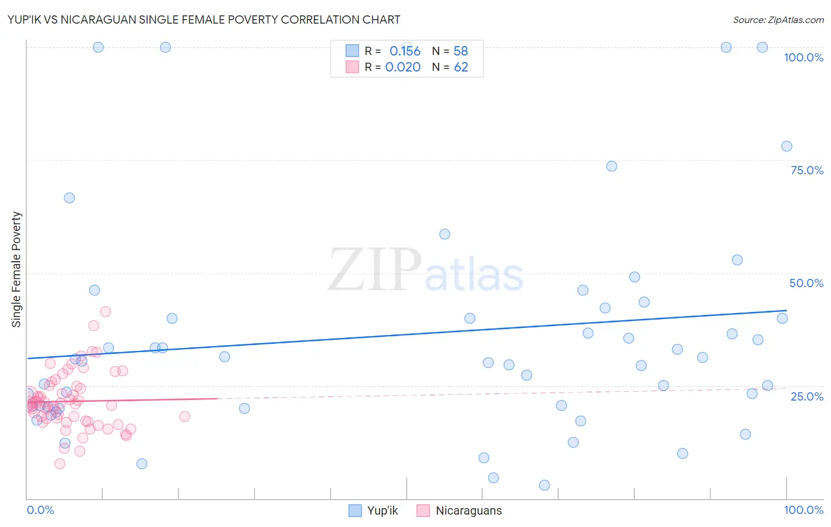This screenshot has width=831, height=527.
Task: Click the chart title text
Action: (204, 19)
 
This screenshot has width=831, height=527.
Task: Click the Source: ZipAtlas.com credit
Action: (778, 19)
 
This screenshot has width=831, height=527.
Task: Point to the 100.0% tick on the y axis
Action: (803, 57)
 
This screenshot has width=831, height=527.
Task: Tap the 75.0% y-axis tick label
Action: (807, 170)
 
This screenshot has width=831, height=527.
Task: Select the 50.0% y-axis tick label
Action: (806, 283)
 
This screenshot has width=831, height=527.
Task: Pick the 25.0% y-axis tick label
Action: (807, 396)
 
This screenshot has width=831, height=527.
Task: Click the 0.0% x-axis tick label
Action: (40, 510)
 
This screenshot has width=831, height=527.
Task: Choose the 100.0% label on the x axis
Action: (803, 510)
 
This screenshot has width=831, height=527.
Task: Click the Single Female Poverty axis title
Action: (17, 269)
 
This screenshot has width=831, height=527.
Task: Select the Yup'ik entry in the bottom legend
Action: (382, 510)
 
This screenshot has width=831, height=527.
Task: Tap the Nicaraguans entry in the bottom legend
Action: (468, 510)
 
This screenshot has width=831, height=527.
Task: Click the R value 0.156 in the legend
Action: (405, 51)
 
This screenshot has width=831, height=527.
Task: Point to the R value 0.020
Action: (402, 67)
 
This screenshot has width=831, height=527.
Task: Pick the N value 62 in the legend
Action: (461, 67)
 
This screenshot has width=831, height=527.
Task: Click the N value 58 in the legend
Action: (461, 51)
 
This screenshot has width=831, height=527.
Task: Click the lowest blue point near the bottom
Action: (544, 485)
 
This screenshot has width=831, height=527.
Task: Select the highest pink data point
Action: (106, 311)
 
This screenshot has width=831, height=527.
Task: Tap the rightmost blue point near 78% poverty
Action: (786, 147)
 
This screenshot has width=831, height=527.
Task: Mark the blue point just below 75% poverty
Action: (611, 166)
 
